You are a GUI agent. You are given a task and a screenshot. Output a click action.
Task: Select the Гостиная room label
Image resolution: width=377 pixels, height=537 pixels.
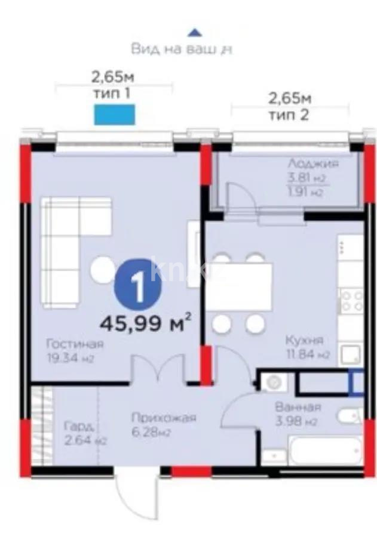pos(75,344)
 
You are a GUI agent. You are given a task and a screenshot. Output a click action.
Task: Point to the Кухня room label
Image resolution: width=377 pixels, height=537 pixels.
pos(304,341)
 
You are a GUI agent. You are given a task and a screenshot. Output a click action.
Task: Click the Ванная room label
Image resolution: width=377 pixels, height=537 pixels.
pos(298,408)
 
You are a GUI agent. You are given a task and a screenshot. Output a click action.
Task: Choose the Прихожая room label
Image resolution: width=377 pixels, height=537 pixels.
pos(164,418)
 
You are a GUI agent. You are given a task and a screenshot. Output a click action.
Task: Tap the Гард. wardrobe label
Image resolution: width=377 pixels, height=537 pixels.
pos(79,427)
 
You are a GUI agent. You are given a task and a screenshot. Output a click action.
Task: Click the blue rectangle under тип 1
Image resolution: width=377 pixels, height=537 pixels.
pos(114,114)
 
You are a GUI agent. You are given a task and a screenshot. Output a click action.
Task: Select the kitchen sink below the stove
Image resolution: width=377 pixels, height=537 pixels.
pos(349,355)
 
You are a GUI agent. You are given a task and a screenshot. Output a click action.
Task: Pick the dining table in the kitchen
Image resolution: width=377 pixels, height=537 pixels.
pos(239,286)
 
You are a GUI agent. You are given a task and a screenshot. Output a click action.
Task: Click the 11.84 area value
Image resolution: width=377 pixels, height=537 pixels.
pos(307,356)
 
